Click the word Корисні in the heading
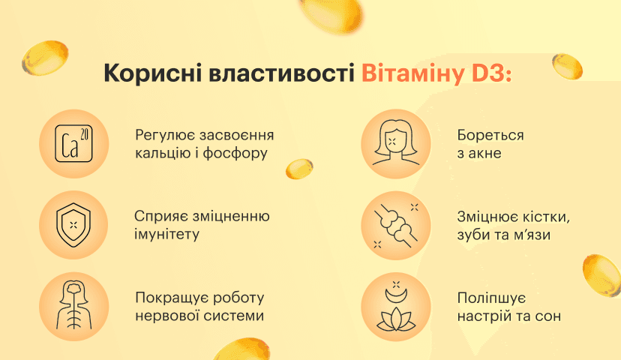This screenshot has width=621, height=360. [152, 73]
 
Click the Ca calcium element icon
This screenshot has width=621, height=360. [73, 144]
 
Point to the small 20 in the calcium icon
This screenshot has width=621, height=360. [84, 135]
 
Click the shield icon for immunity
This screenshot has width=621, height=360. [73, 225]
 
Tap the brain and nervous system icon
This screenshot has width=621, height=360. [73, 305]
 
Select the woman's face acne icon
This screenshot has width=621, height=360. [396, 142]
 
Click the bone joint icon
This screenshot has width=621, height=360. [395, 226]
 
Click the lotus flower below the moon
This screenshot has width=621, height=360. [396, 319]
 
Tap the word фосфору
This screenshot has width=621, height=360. [235, 154]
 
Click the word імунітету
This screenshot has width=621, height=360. [166, 234]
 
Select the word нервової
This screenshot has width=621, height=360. [166, 316]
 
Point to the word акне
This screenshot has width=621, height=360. [485, 153]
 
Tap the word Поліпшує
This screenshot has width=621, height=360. [491, 298]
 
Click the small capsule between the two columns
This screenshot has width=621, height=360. [299, 169]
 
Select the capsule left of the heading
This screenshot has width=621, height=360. [45, 58]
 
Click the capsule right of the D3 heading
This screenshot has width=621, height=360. [567, 67]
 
